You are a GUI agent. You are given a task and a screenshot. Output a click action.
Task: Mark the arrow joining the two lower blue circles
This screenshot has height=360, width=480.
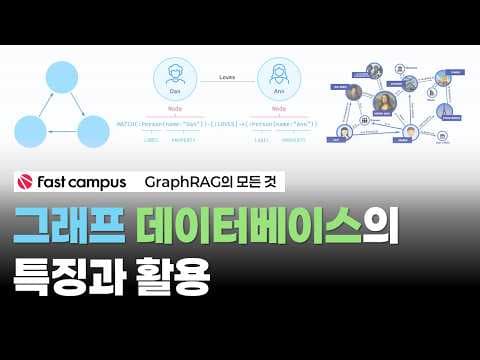tap(61, 132)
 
